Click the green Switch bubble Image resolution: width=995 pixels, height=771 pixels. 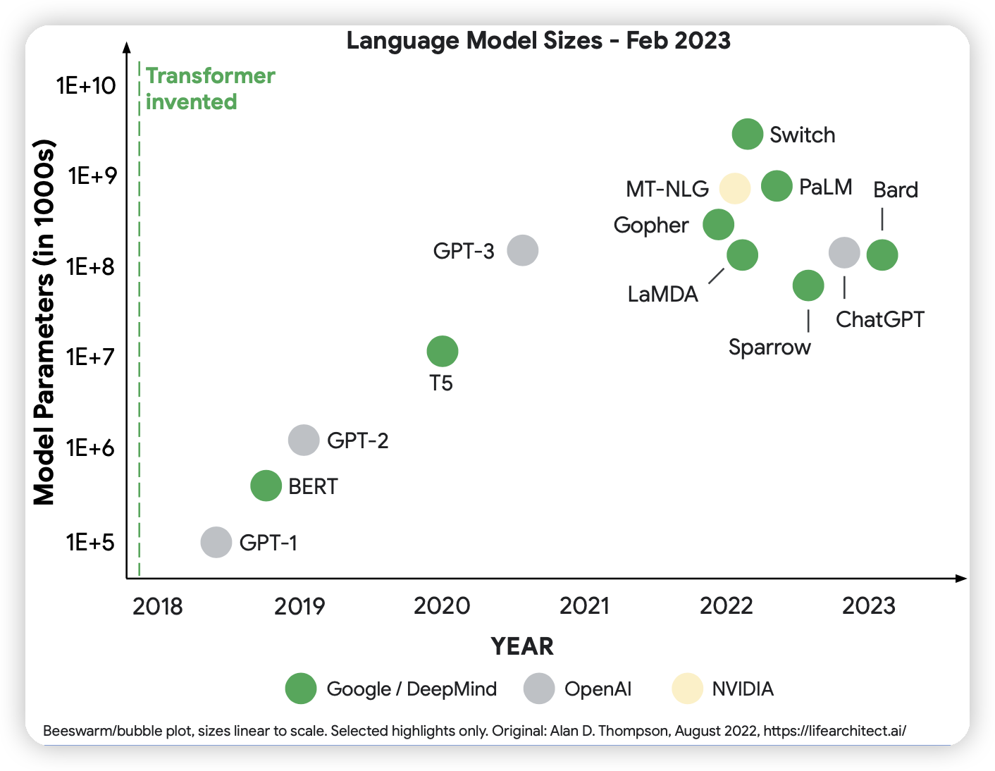(747, 134)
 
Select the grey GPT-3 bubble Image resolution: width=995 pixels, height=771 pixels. (523, 250)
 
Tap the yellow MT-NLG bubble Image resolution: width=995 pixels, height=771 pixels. (735, 188)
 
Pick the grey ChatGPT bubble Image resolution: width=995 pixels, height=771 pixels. (844, 252)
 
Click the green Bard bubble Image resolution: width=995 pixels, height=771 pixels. (882, 254)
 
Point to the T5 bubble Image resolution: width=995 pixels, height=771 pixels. (443, 351)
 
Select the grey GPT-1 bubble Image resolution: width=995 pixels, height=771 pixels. (216, 542)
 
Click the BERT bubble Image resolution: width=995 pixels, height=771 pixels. (266, 486)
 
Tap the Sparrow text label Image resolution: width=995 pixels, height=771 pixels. (770, 347)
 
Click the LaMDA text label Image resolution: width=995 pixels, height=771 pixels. (662, 294)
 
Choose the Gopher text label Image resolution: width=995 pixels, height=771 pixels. (650, 226)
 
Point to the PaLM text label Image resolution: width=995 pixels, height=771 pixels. (825, 187)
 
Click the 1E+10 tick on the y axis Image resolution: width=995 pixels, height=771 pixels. (86, 86)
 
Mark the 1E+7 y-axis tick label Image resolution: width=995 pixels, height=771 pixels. (90, 357)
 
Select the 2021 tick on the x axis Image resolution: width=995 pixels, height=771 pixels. (584, 605)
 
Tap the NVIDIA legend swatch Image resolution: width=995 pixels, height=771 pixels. (687, 689)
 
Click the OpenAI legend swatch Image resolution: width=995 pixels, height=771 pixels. (539, 689)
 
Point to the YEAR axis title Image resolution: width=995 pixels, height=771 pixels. (522, 646)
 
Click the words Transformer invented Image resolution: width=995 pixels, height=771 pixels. (210, 89)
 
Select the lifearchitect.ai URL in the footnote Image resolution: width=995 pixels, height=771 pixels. (834, 731)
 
